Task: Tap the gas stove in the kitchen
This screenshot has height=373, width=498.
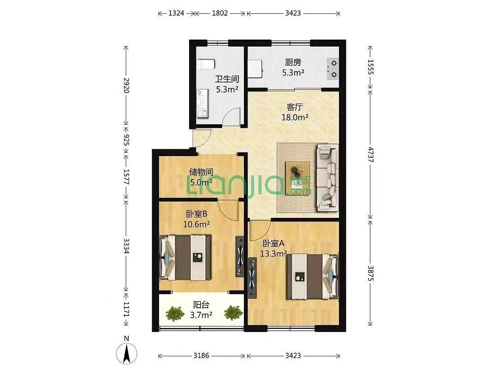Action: tap(332, 69)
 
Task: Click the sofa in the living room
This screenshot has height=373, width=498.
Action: tap(327, 177)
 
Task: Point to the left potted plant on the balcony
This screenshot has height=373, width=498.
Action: tap(174, 314)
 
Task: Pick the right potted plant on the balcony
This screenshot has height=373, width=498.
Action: tap(233, 313)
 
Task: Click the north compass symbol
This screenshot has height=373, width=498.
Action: tap(126, 353)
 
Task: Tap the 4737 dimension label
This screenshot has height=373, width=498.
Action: tap(370, 154)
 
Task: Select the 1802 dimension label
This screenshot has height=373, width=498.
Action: tap(220, 13)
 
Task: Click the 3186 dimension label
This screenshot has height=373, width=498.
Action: tap(202, 356)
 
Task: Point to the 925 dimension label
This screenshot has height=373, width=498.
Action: tap(126, 140)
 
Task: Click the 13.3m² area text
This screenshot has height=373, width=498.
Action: tap(273, 254)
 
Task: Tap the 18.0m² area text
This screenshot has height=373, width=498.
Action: tap(295, 117)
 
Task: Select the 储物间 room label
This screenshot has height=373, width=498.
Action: tap(201, 172)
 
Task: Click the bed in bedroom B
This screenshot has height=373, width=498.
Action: tap(185, 257)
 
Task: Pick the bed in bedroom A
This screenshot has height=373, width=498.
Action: tap(313, 277)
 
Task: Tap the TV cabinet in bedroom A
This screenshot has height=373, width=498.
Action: tap(252, 278)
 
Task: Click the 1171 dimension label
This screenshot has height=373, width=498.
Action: tap(126, 309)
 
